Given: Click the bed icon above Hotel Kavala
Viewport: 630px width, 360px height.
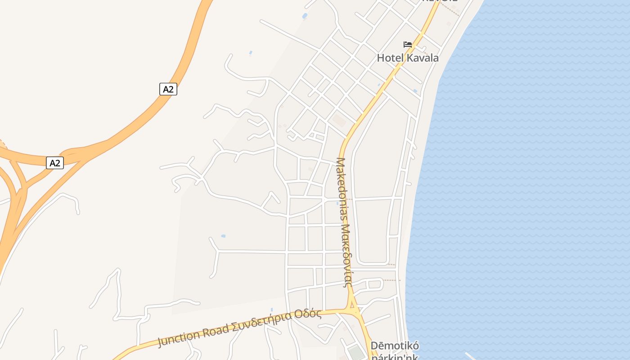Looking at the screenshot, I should pyautogui.click(x=408, y=45).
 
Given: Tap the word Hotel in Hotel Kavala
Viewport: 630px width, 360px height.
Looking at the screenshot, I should pyautogui.click(x=390, y=58).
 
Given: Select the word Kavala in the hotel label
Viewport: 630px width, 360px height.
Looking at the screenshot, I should pyautogui.click(x=422, y=58).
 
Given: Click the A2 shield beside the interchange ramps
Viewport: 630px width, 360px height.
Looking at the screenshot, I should pyautogui.click(x=54, y=163).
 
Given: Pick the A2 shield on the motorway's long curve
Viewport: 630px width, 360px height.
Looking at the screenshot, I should pyautogui.click(x=168, y=89).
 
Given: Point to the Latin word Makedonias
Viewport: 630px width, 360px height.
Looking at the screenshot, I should pyautogui.click(x=342, y=189).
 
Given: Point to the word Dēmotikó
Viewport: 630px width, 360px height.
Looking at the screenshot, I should pyautogui.click(x=395, y=346).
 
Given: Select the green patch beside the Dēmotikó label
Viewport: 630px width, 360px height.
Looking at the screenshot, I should pyautogui.click(x=357, y=353).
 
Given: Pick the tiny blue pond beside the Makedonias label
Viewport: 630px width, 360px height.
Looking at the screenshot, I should pyautogui.click(x=337, y=203).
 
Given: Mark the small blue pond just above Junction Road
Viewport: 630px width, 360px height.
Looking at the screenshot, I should pyautogui.click(x=272, y=310).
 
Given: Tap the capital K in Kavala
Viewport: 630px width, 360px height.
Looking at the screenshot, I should pyautogui.click(x=410, y=58).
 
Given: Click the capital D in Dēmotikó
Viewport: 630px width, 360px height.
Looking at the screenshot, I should pyautogui.click(x=374, y=346).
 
